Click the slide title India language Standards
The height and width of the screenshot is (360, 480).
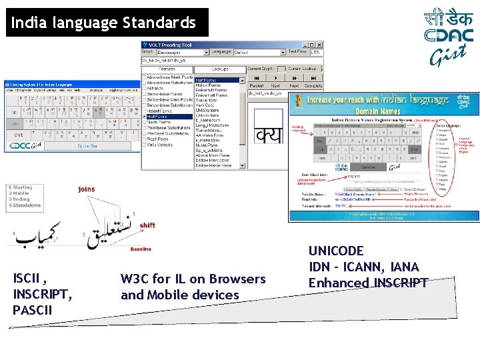click(x=103, y=23)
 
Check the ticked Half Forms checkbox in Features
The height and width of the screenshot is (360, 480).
click(x=145, y=116)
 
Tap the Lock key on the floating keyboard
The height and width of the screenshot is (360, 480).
click(x=14, y=123)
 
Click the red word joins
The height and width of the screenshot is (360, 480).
click(x=86, y=189)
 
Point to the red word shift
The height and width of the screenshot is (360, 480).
click(x=147, y=225)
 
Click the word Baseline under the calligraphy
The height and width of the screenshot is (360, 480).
click(x=140, y=249)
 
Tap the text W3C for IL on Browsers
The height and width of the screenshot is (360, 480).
click(x=193, y=279)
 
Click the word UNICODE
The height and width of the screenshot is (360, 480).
click(x=336, y=251)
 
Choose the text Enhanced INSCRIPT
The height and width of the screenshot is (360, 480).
click(x=367, y=283)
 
